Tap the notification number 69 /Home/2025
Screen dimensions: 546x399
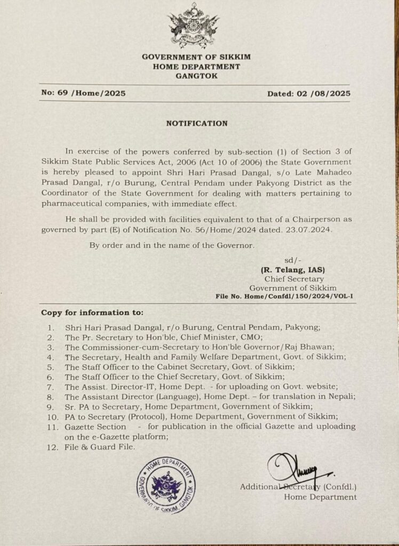[x=83, y=93]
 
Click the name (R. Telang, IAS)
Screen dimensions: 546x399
[x=297, y=270]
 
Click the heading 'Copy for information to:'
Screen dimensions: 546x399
[x=92, y=312]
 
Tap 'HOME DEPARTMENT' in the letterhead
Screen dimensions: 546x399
[x=196, y=67]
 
